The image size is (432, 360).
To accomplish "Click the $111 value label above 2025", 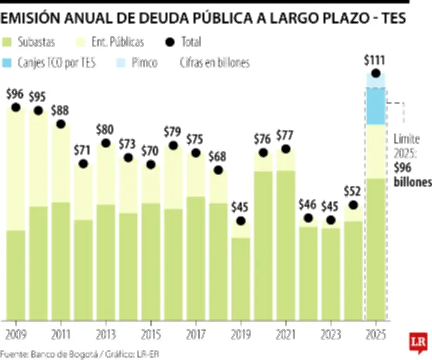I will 375,60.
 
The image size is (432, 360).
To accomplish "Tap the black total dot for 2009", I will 15,107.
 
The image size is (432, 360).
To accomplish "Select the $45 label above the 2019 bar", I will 240,207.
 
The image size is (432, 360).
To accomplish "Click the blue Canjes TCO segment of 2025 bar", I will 375,106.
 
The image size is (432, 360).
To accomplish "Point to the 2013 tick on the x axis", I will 105,333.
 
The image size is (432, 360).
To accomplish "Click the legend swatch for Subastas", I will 8,42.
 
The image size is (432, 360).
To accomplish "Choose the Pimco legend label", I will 145,63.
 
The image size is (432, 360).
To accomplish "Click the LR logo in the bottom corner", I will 417,342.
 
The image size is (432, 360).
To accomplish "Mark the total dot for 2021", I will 286,149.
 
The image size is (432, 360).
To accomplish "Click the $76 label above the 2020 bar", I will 263,139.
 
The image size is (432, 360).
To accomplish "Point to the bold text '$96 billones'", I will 412,176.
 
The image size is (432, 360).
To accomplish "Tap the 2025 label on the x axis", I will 375,333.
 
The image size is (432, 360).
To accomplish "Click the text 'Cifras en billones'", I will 215,63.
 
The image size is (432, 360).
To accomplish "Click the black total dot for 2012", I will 83,164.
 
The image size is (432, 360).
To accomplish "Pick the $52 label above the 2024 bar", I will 353,191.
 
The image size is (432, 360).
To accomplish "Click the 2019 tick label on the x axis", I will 240,333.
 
